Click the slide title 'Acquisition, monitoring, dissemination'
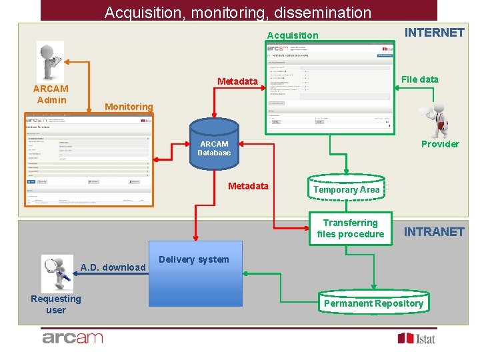[238, 12]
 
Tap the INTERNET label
[435, 32]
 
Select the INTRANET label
[435, 231]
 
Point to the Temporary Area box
[346, 189]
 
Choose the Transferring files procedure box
[350, 228]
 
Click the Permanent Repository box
[373, 303]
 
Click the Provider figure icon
[437, 121]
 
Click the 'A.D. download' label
[113, 267]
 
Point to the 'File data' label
[419, 79]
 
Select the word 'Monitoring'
[129, 107]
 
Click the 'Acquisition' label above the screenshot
[293, 35]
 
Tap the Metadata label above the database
[237, 81]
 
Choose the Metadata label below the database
[248, 186]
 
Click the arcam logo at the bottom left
[73, 338]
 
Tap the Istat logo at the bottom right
[417, 339]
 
